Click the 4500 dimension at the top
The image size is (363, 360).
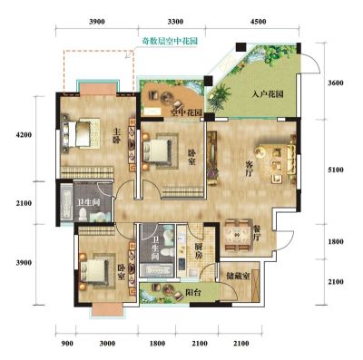tap(259, 22)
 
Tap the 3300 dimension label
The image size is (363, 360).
tap(175, 22)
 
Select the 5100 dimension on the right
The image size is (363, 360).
tap(336, 170)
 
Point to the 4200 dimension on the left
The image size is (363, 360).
tap(24, 135)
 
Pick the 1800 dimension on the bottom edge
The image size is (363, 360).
tap(157, 344)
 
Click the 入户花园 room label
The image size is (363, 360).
tap(268, 94)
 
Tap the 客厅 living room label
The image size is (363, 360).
tap(250, 169)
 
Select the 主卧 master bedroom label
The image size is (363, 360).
tap(117, 136)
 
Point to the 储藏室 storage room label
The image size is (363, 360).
tap(238, 276)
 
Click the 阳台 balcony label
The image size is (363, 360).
tap(192, 292)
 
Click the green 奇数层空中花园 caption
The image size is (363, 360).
tap(170, 41)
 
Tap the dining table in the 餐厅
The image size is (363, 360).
tap(238, 236)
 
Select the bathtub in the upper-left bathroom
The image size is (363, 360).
tap(66, 202)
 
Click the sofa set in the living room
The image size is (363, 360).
tap(277, 160)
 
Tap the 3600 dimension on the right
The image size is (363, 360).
tap(336, 83)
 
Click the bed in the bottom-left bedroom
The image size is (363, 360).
tap(94, 271)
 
